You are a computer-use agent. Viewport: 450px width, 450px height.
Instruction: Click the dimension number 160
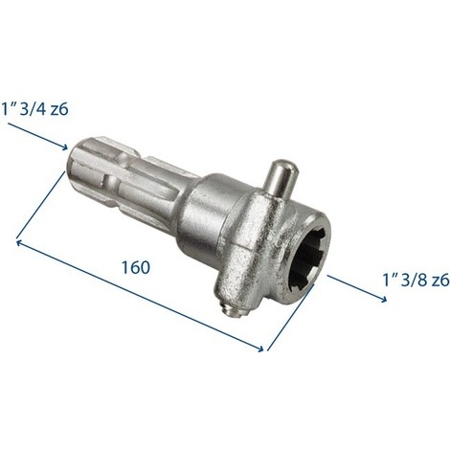point(136,267)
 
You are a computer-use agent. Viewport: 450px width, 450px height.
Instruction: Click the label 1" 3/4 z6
point(34,109)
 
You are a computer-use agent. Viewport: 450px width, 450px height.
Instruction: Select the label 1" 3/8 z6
point(416,281)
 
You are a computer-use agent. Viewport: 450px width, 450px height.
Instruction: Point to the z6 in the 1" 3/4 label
point(59,109)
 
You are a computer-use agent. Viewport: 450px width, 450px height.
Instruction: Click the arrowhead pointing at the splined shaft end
point(65,147)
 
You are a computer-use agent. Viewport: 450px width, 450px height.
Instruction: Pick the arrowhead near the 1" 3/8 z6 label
point(383,300)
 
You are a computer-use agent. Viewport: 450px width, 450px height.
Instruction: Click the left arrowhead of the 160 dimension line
point(19,243)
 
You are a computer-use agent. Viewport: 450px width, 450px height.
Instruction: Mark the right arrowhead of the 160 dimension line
point(259,349)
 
